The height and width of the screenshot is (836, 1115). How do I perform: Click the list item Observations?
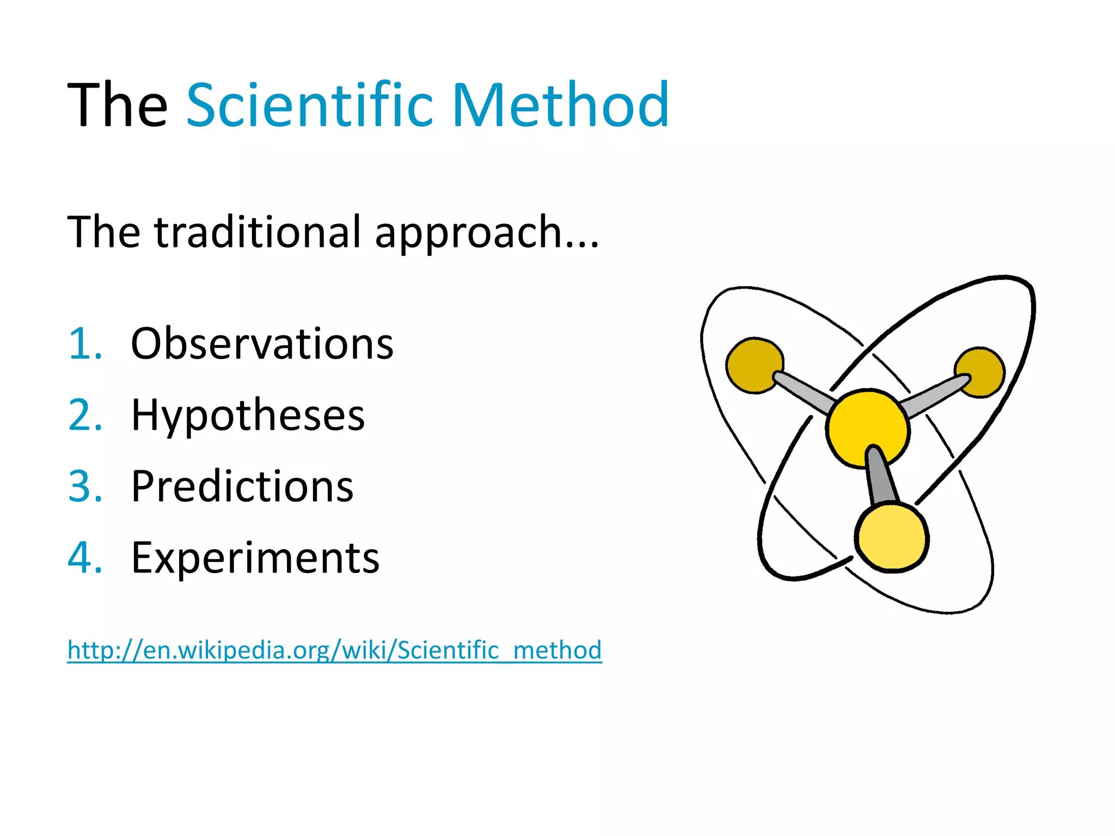pyautogui.click(x=262, y=344)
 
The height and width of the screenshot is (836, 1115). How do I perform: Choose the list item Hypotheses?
pyautogui.click(x=248, y=416)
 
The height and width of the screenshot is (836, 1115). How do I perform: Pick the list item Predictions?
pyautogui.click(x=242, y=486)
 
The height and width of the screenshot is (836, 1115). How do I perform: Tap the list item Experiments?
pyautogui.click(x=255, y=558)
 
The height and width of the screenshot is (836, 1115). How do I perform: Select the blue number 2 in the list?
pyautogui.click(x=85, y=415)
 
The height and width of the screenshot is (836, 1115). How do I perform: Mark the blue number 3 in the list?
pyautogui.click(x=85, y=486)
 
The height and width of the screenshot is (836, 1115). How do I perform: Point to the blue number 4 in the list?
pyautogui.click(x=85, y=558)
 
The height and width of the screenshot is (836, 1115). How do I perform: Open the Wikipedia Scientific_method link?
pyautogui.click(x=334, y=650)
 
